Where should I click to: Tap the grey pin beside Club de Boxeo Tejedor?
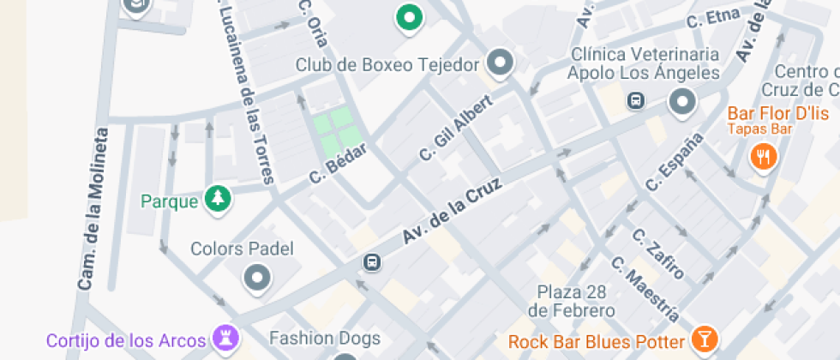click(500, 62)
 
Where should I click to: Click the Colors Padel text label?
click(242, 249)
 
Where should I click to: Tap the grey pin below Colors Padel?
click(257, 277)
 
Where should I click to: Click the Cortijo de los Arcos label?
click(126, 340)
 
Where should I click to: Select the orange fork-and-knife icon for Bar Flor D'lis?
click(763, 156)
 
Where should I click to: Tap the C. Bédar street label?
click(339, 162)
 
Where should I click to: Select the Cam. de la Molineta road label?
click(93, 208)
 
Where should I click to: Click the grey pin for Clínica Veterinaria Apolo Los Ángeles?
click(682, 102)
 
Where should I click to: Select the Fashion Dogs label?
click(324, 338)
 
